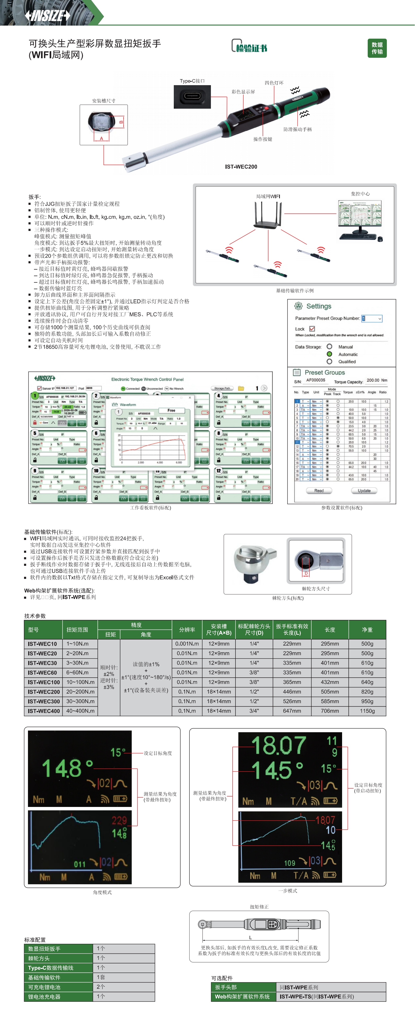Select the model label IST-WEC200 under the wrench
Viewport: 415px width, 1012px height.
coord(241,167)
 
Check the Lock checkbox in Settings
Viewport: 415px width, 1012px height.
coord(312,328)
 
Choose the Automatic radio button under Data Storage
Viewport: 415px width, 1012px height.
coord(329,354)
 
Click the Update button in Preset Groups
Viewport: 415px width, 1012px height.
coord(364,490)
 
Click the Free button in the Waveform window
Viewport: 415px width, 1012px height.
coord(171,410)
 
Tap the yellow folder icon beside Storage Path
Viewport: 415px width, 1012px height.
coord(241,388)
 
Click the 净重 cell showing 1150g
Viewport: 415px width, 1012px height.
coord(367,711)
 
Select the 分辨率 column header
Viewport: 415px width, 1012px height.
coord(187,629)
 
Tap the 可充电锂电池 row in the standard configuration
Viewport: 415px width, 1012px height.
coord(58,987)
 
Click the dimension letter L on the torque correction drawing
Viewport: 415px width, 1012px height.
coord(250,937)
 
